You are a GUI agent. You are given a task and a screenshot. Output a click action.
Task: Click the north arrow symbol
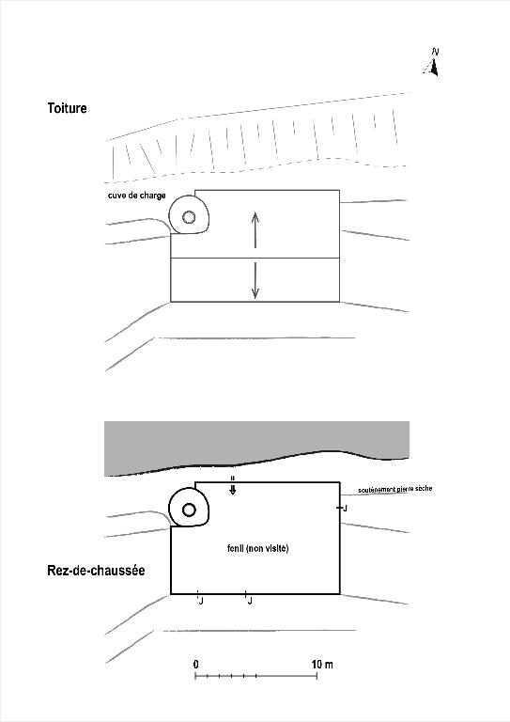click(x=432, y=68)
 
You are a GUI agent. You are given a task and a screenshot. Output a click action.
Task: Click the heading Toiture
click(x=67, y=108)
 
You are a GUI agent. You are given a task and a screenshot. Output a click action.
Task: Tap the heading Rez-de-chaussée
click(x=96, y=571)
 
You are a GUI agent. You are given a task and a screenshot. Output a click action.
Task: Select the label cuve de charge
click(x=136, y=196)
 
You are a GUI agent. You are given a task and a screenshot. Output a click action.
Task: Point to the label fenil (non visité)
click(x=257, y=548)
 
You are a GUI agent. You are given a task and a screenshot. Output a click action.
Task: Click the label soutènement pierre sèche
click(x=395, y=489)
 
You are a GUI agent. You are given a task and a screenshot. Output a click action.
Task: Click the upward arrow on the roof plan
click(x=255, y=229)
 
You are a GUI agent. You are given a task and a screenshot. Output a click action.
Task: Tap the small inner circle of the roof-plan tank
click(x=188, y=217)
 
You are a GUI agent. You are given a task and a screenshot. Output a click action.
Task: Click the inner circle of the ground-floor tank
click(x=189, y=510)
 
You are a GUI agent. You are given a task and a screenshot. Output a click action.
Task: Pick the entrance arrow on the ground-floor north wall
click(x=233, y=486)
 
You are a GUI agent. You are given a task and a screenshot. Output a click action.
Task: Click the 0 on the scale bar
click(x=196, y=665)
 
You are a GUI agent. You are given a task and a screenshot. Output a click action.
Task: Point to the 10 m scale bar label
click(x=322, y=665)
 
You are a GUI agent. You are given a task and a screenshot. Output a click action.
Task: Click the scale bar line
click(x=256, y=676)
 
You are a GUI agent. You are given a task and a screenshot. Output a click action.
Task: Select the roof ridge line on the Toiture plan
click(x=255, y=259)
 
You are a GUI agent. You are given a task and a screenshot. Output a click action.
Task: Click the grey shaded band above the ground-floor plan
click(x=256, y=442)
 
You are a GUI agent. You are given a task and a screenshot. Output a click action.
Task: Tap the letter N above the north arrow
click(x=435, y=52)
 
